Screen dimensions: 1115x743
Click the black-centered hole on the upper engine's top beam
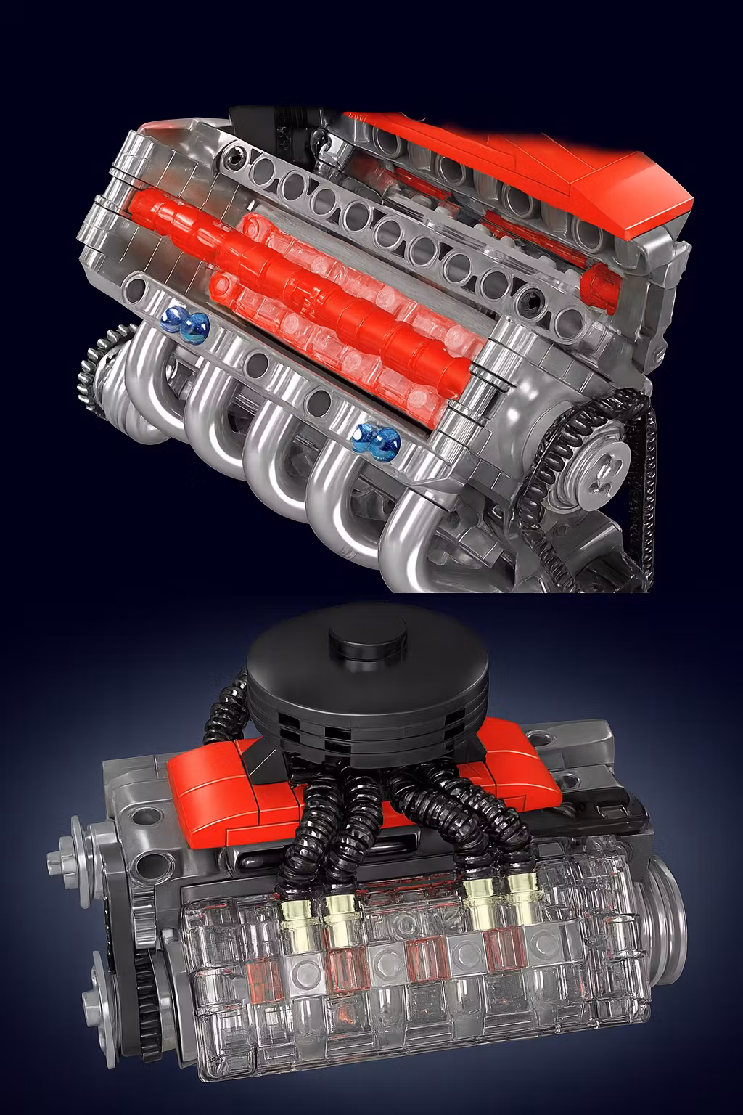(234, 153)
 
